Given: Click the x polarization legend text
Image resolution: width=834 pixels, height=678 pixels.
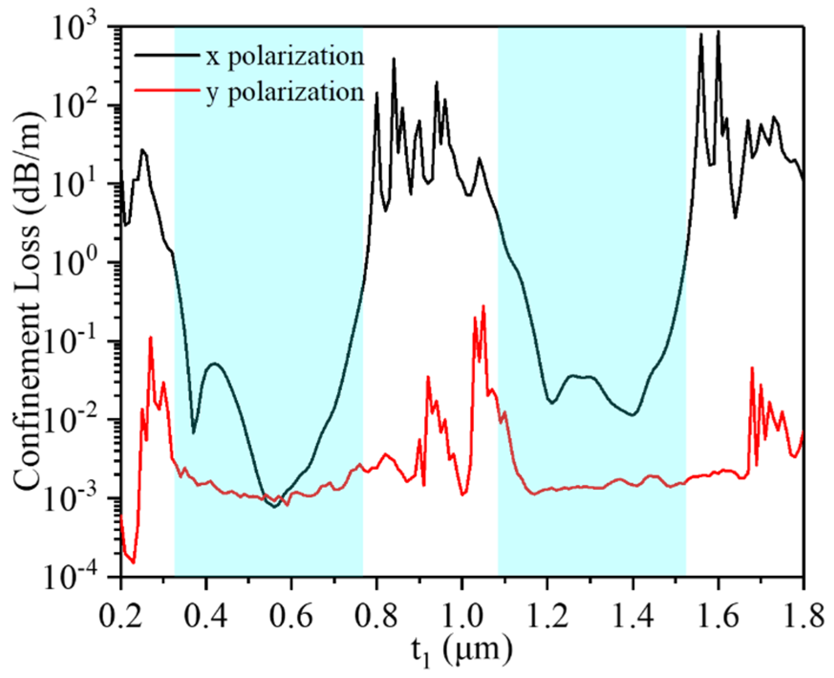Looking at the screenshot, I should pyautogui.click(x=285, y=56).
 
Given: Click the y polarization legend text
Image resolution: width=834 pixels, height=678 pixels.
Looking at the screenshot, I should pyautogui.click(x=285, y=92).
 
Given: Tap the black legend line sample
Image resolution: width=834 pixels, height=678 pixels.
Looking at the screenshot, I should pyautogui.click(x=167, y=55).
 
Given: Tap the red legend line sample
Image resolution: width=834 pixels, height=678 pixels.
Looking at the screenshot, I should pyautogui.click(x=167, y=90).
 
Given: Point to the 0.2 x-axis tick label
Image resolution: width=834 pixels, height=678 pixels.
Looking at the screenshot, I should pyautogui.click(x=121, y=616).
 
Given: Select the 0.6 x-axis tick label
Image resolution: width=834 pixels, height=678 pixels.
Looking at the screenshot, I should pyautogui.click(x=291, y=616).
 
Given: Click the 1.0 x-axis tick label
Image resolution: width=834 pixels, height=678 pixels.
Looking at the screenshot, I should pyautogui.click(x=461, y=616).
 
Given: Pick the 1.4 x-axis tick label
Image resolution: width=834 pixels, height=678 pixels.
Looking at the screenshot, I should pyautogui.click(x=632, y=616).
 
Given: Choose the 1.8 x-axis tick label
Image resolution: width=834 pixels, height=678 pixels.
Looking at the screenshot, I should pyautogui.click(x=802, y=616).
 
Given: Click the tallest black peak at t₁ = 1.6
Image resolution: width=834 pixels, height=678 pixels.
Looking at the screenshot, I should pyautogui.click(x=717, y=32).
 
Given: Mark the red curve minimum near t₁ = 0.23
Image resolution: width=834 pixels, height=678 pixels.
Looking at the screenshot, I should pyautogui.click(x=133, y=562).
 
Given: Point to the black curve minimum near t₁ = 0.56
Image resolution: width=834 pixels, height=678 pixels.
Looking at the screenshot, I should pyautogui.click(x=274, y=507).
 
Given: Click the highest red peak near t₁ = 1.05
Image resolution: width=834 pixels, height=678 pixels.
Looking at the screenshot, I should pyautogui.click(x=483, y=306).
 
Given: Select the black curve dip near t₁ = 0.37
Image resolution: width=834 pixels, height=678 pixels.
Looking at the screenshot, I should pyautogui.click(x=193, y=432).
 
